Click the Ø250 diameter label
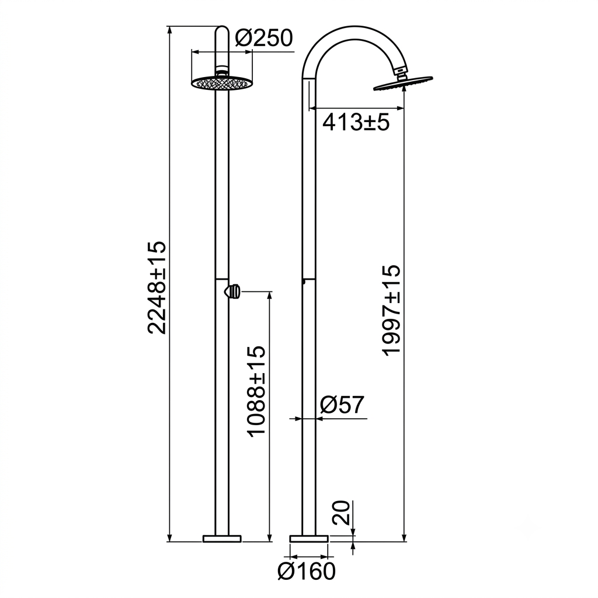(x=263, y=38)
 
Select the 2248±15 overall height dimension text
(x=157, y=287)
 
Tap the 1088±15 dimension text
(x=256, y=391)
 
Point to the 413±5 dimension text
(x=356, y=123)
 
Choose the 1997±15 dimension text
(x=392, y=310)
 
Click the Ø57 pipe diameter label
(x=342, y=405)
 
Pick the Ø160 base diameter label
(x=307, y=571)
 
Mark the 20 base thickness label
(x=341, y=513)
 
